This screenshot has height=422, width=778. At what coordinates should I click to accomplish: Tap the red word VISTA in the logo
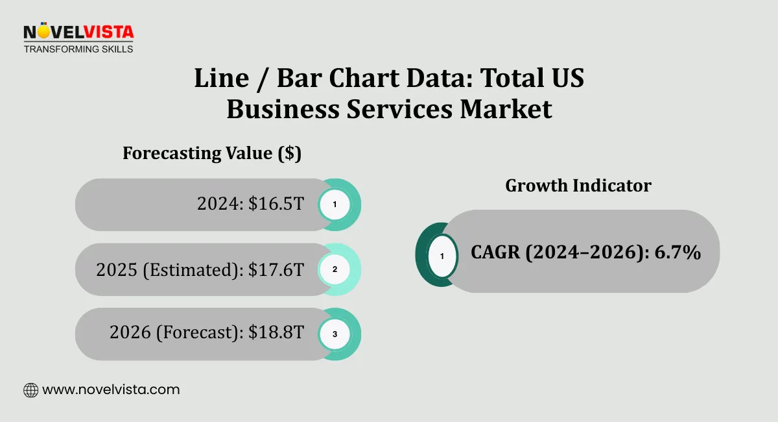(x=109, y=32)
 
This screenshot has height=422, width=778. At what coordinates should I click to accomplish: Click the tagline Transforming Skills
(x=78, y=49)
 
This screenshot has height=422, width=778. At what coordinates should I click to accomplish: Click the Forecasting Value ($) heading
(x=212, y=153)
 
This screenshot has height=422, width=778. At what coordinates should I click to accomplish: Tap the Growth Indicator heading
(x=578, y=185)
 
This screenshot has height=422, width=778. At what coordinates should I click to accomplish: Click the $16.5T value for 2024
(x=276, y=203)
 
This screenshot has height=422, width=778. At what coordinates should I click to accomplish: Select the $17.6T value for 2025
(x=276, y=269)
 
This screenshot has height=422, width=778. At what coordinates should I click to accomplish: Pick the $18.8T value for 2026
(x=276, y=332)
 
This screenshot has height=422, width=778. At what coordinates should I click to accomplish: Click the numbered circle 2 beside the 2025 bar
(x=335, y=269)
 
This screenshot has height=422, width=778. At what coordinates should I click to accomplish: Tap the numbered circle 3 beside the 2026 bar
(x=335, y=334)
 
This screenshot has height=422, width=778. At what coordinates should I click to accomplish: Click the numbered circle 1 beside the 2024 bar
(x=335, y=205)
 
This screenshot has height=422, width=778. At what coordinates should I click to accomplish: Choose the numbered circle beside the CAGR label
(x=442, y=256)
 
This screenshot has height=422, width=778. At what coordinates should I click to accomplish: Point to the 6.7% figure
(x=678, y=252)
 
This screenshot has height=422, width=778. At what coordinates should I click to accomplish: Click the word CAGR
(x=495, y=252)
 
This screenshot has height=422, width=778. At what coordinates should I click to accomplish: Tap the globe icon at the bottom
(x=31, y=390)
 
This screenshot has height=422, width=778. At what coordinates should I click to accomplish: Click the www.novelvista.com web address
(x=111, y=390)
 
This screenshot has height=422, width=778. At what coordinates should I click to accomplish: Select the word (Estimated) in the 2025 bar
(x=193, y=270)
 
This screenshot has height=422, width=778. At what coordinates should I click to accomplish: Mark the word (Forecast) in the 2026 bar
(x=200, y=332)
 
